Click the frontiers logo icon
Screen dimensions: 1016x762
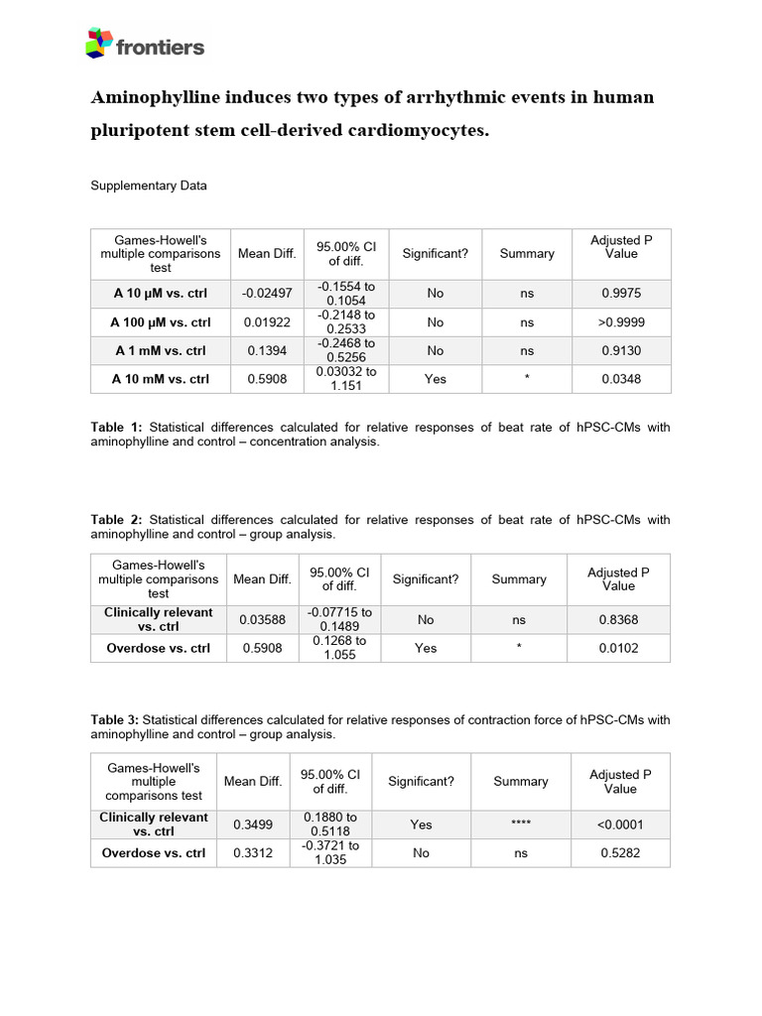(x=98, y=43)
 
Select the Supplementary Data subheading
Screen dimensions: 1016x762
(x=149, y=186)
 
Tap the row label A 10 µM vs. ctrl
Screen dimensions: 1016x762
(x=161, y=294)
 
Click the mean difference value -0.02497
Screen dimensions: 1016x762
(x=267, y=294)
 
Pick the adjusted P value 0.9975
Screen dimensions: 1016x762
(x=621, y=294)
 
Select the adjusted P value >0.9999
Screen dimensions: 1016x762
(x=621, y=322)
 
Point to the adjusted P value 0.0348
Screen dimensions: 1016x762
(x=621, y=379)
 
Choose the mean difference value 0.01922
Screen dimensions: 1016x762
(x=267, y=322)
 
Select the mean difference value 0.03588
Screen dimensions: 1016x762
(x=262, y=620)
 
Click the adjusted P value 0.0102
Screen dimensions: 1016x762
(x=618, y=649)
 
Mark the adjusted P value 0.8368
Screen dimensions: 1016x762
(x=618, y=620)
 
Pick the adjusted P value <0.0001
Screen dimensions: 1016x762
(x=620, y=825)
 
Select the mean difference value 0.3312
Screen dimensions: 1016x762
(x=253, y=853)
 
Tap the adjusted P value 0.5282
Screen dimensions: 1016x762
(x=620, y=853)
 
